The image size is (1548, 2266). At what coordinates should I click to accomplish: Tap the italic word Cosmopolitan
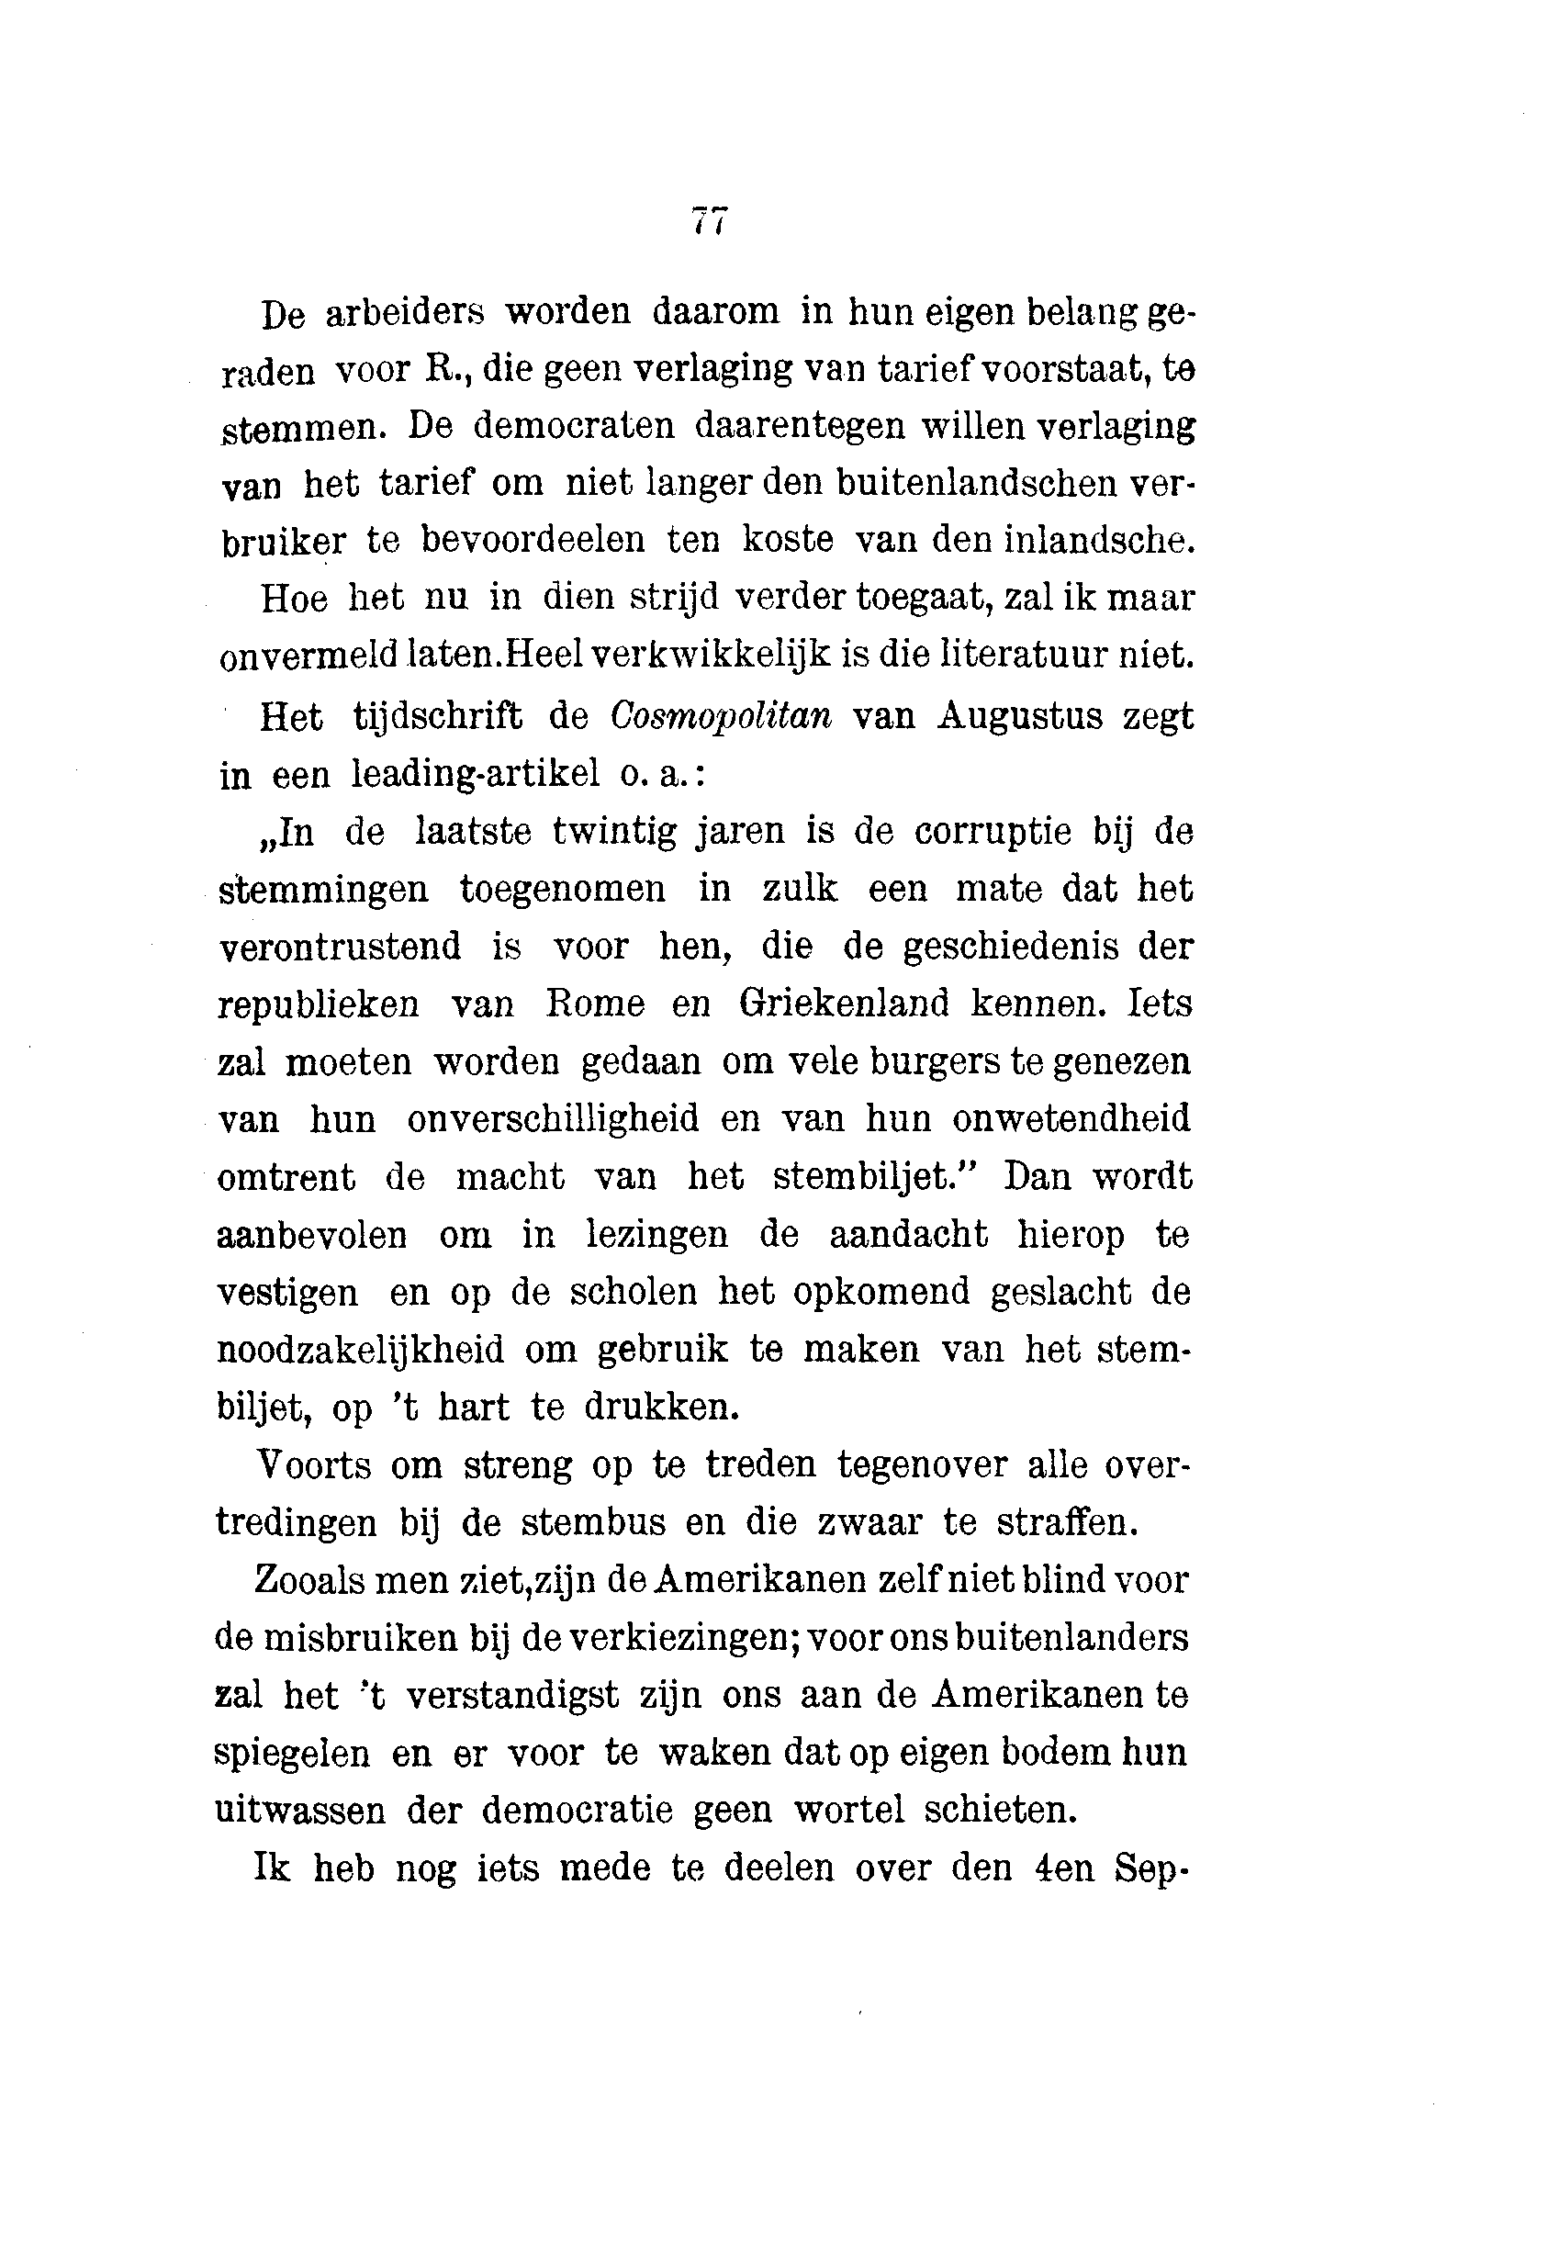click(721, 717)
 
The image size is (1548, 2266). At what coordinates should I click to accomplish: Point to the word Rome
click(594, 1004)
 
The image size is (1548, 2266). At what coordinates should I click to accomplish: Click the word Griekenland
click(843, 1004)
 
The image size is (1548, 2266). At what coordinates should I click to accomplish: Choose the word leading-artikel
click(475, 774)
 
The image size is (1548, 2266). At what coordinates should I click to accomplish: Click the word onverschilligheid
click(553, 1119)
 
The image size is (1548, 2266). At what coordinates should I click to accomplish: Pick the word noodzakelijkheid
click(360, 1351)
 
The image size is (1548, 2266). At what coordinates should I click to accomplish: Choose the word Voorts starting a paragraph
click(313, 1465)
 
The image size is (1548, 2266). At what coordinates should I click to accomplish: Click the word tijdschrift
click(437, 717)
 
